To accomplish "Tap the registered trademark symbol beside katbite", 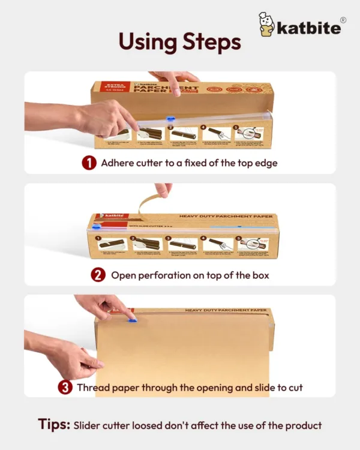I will click(x=343, y=20).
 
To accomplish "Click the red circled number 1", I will click(x=89, y=163).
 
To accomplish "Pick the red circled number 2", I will click(x=98, y=275).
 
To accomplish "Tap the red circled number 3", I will click(x=65, y=388).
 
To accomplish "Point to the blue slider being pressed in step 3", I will click(x=132, y=320).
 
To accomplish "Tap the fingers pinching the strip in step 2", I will click(x=163, y=189).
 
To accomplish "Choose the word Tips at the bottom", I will click(x=54, y=425).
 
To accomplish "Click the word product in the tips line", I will click(x=304, y=425).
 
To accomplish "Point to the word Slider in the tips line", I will click(x=89, y=425).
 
